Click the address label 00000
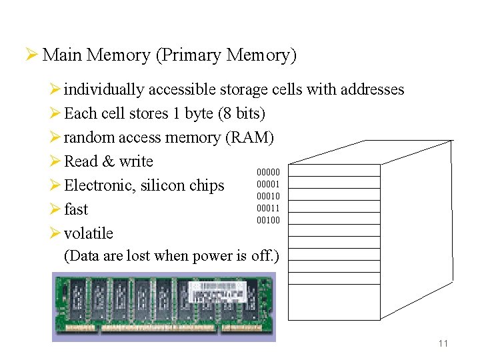(x=269, y=172)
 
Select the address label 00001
(x=269, y=184)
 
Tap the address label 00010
(x=269, y=196)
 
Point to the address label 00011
(x=269, y=208)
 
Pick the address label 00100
(x=269, y=220)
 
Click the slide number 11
(x=443, y=343)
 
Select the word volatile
(x=89, y=233)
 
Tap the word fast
(x=76, y=209)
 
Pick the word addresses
(x=372, y=89)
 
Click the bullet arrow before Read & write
(x=55, y=161)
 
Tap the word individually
(x=104, y=89)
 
